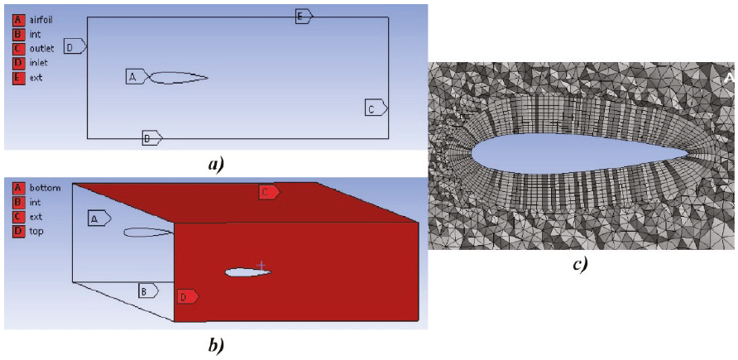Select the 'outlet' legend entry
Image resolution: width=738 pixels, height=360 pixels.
(41, 49)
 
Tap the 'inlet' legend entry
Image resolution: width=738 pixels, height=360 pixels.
(39, 63)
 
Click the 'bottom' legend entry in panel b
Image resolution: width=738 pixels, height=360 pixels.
(45, 188)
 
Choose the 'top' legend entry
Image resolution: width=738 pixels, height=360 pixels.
(36, 231)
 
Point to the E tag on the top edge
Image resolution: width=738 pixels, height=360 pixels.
(304, 16)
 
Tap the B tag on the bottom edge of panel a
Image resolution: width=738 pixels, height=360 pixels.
(151, 138)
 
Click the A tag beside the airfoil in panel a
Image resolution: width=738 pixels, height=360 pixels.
(136, 77)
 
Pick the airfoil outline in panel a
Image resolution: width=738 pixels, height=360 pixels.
(178, 78)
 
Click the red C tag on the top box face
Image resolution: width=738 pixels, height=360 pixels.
(268, 192)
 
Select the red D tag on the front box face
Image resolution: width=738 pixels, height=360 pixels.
(186, 295)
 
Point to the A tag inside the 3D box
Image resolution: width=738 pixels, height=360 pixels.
(98, 218)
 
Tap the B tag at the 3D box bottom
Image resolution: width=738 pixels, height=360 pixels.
(147, 290)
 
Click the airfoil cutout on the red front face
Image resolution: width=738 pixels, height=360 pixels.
(247, 272)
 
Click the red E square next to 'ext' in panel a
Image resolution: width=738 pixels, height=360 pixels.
(17, 78)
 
